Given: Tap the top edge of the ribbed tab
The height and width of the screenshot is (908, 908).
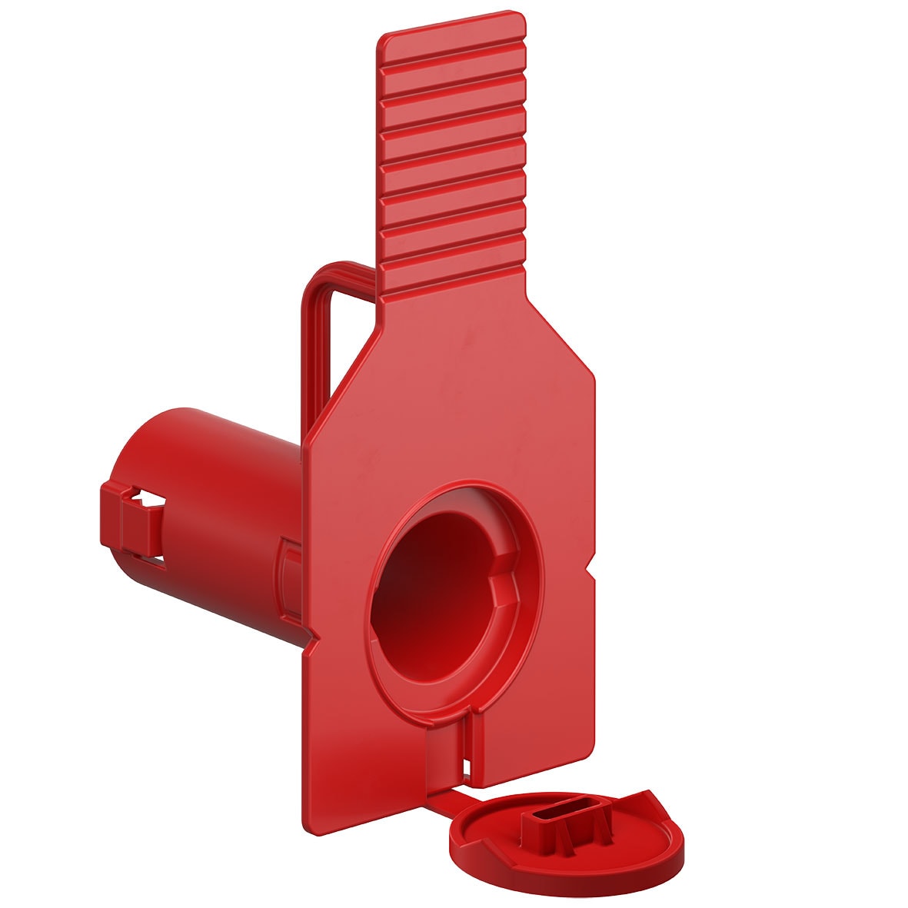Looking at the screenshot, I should [452, 23].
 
